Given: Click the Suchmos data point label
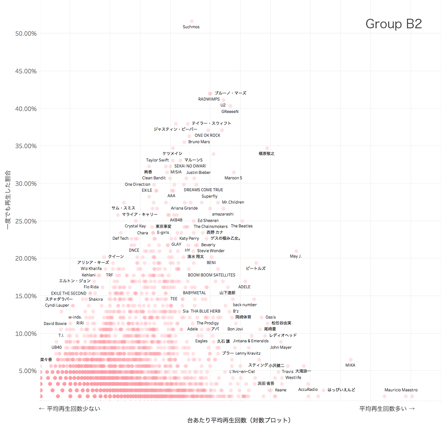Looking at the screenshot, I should point(191,27).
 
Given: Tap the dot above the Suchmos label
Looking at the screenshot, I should point(192,21).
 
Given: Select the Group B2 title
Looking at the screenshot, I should point(394,24).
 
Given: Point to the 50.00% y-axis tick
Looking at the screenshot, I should point(26,34).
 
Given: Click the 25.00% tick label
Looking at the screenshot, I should point(26,221).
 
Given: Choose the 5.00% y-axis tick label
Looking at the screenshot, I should point(28,371).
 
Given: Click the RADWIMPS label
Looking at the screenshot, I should point(209,99).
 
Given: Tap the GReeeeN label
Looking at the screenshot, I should point(230,112).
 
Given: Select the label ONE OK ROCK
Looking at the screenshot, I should point(207,135).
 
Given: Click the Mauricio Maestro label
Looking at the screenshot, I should point(401,390).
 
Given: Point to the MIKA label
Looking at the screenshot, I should point(350,365).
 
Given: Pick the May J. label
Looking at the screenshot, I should point(295,256).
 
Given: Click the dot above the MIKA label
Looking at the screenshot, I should point(351,360).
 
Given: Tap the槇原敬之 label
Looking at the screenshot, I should point(266,154).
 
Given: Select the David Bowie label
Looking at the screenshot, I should point(55,324).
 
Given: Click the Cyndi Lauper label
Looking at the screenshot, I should point(57,306).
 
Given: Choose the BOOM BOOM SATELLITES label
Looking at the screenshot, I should point(211,275).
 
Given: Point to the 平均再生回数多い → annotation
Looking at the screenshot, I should point(387,409).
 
